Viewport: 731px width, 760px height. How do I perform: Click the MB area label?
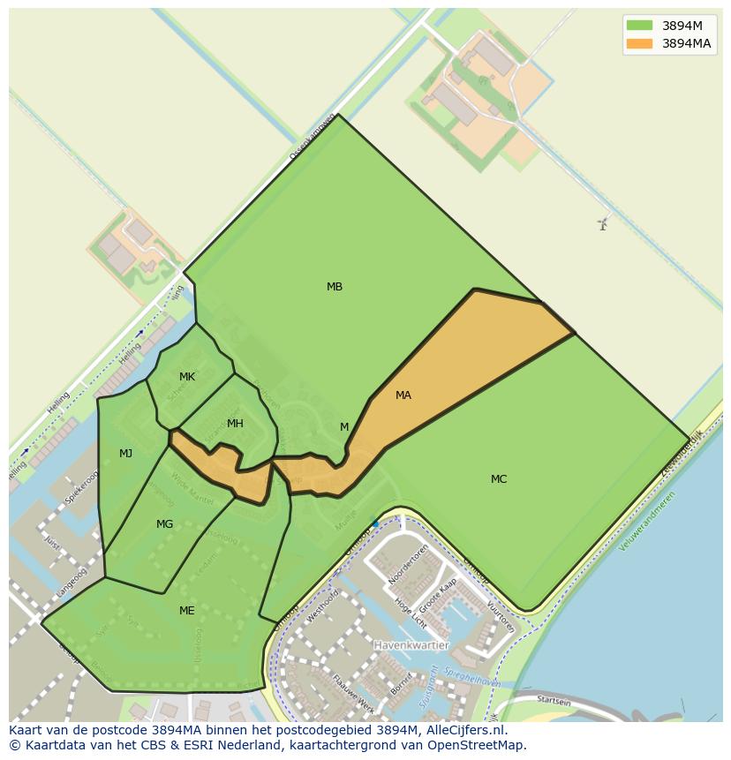tap(335, 287)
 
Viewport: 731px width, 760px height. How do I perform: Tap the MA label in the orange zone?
tap(403, 395)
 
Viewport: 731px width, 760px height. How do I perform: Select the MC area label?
tap(499, 479)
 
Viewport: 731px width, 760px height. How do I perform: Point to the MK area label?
tap(187, 377)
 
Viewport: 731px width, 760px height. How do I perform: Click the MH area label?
tap(235, 424)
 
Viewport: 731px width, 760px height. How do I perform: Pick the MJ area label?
tap(126, 454)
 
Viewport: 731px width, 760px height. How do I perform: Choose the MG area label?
tap(164, 524)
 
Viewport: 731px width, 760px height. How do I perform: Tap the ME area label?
tap(187, 611)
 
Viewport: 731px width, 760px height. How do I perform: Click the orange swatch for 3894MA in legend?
tap(640, 43)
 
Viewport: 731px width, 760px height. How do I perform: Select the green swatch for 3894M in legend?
tap(640, 25)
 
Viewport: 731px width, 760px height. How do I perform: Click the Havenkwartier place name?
tap(411, 645)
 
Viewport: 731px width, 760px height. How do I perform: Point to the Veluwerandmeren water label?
tap(647, 522)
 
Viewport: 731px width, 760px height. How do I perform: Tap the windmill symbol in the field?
tap(603, 224)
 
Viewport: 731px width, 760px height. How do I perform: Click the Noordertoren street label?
tap(408, 564)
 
